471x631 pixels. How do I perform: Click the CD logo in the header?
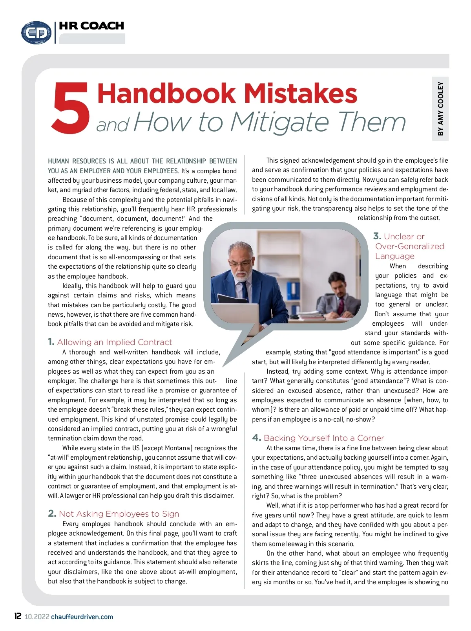point(36,32)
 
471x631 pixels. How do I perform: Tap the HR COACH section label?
point(91,26)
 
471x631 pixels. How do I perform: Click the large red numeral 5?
point(71,108)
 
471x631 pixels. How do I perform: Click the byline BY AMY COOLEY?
point(440,109)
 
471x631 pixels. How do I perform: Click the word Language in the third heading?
point(394,256)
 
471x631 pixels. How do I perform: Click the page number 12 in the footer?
point(18,616)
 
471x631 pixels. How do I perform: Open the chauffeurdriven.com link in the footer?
point(82,617)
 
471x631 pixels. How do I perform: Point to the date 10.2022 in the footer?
point(37,617)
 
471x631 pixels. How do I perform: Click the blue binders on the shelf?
point(293,291)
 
